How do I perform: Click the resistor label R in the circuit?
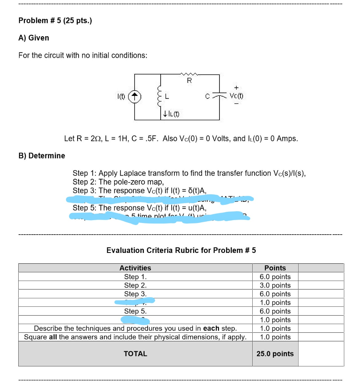(189, 80)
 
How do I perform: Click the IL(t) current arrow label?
(171, 114)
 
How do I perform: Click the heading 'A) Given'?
(34, 38)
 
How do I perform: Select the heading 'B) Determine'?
(42, 156)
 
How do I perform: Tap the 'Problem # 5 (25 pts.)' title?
(55, 21)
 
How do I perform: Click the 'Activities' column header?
(135, 268)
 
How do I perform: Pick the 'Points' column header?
(275, 268)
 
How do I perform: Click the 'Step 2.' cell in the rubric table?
(135, 285)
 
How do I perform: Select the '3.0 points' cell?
(275, 285)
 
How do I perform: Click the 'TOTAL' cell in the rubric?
(135, 354)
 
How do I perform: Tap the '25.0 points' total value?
(275, 354)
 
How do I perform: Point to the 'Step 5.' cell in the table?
(135, 311)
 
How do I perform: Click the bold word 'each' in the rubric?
(211, 329)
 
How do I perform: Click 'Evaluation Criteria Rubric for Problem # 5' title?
(181, 250)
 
